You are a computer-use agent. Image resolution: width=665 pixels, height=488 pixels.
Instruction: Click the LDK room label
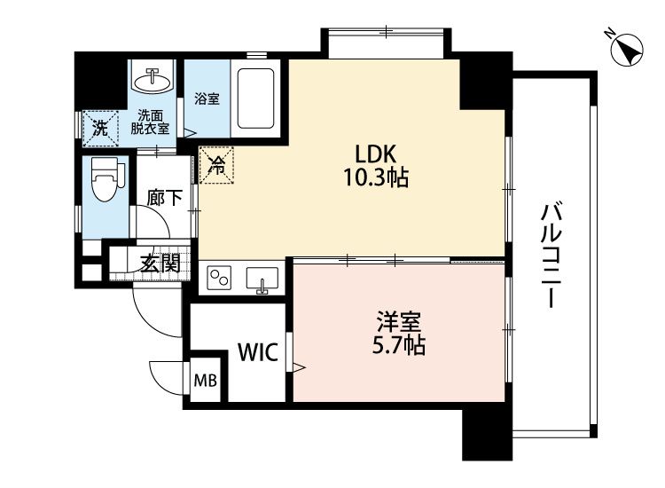375,154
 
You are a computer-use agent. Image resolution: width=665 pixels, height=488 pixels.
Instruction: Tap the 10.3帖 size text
376,177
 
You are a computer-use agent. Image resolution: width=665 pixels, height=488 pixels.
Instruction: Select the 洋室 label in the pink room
399,322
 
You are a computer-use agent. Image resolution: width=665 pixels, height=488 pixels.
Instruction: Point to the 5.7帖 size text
399,345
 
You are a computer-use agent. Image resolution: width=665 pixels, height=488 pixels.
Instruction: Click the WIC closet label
258,351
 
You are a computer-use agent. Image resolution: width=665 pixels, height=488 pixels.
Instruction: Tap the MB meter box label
206,381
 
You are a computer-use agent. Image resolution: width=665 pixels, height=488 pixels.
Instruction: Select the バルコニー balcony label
552,255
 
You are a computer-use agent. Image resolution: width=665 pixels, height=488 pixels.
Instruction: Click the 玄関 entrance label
160,264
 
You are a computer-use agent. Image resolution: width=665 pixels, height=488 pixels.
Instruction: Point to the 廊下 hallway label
165,198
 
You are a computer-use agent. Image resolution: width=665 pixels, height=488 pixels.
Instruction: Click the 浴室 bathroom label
207,98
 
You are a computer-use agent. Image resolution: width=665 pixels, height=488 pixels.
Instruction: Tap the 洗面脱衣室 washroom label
150,122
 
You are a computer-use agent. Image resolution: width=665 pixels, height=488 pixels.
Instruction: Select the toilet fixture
106,179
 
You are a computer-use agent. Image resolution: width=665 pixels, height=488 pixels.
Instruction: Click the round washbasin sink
153,79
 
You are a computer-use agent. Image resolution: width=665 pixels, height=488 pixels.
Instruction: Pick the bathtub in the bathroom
255,98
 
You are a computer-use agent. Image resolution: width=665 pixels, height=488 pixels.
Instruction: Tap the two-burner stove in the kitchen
219,279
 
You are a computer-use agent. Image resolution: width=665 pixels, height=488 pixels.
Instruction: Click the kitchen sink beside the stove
262,280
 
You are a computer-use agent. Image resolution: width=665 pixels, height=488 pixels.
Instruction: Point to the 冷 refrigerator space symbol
216,165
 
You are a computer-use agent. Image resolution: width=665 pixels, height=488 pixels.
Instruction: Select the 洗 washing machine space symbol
100,128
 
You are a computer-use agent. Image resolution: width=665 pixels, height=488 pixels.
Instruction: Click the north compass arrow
628,50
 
